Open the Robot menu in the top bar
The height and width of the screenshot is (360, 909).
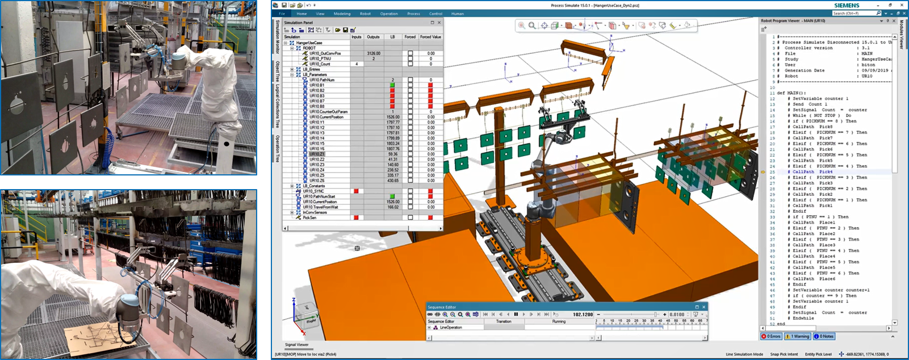tap(365, 14)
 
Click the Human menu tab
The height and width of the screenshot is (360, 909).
tap(458, 14)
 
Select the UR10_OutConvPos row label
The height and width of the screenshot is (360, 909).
tap(325, 53)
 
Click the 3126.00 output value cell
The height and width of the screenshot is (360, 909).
tap(373, 53)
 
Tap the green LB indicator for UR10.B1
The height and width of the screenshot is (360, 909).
tap(392, 85)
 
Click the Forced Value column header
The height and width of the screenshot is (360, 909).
tap(430, 37)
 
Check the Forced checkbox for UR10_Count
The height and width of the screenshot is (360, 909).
tap(410, 64)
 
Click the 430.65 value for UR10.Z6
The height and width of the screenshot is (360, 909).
tap(392, 181)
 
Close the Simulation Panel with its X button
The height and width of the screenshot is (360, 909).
tap(439, 23)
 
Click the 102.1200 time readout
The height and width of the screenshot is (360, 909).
tap(583, 314)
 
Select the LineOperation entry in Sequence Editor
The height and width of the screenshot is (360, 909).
tap(451, 328)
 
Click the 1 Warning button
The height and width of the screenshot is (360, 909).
tap(798, 336)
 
